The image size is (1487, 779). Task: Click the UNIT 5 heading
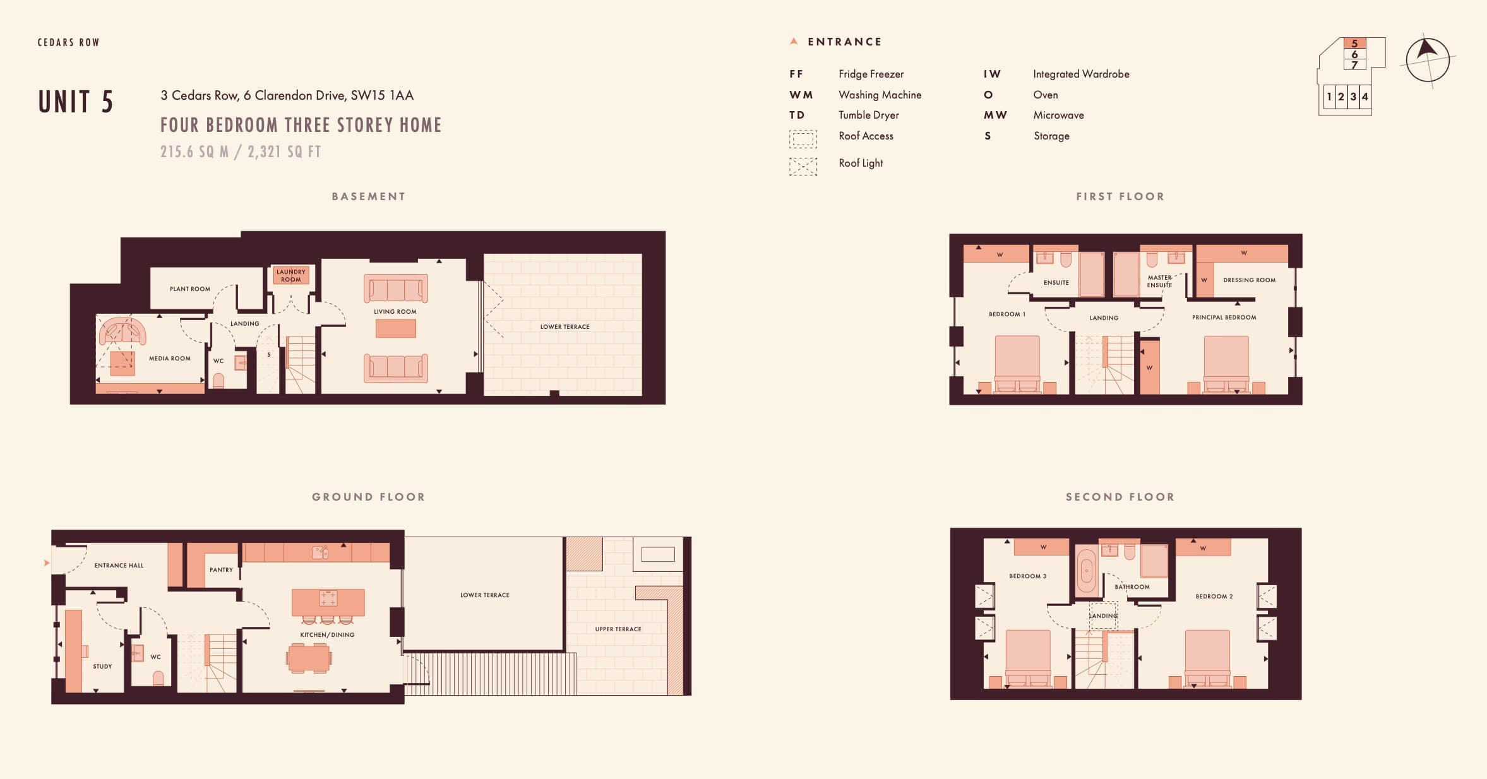click(x=76, y=102)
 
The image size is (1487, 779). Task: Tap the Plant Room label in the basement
click(x=190, y=289)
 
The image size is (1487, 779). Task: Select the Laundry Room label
click(x=291, y=275)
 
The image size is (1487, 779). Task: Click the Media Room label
click(x=170, y=359)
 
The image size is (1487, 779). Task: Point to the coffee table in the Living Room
click(x=396, y=328)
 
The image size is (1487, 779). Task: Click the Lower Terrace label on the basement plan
click(x=564, y=327)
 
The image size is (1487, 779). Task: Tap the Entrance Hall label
click(x=119, y=566)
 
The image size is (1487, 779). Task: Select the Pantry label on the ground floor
click(x=221, y=570)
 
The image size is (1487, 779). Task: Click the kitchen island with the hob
click(x=328, y=602)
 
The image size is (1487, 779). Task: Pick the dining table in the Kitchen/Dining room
click(x=309, y=658)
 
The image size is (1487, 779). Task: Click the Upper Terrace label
click(x=618, y=629)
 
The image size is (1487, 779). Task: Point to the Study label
click(x=102, y=667)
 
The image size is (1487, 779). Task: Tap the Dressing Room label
click(x=1249, y=280)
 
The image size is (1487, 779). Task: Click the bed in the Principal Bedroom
click(x=1226, y=364)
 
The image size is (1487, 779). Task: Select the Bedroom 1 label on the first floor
click(x=1007, y=314)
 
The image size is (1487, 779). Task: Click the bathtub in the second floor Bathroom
click(x=1086, y=571)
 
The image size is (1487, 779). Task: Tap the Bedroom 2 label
click(x=1214, y=597)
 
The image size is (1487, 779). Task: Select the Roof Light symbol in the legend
click(x=803, y=166)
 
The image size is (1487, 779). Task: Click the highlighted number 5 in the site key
click(x=1354, y=44)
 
